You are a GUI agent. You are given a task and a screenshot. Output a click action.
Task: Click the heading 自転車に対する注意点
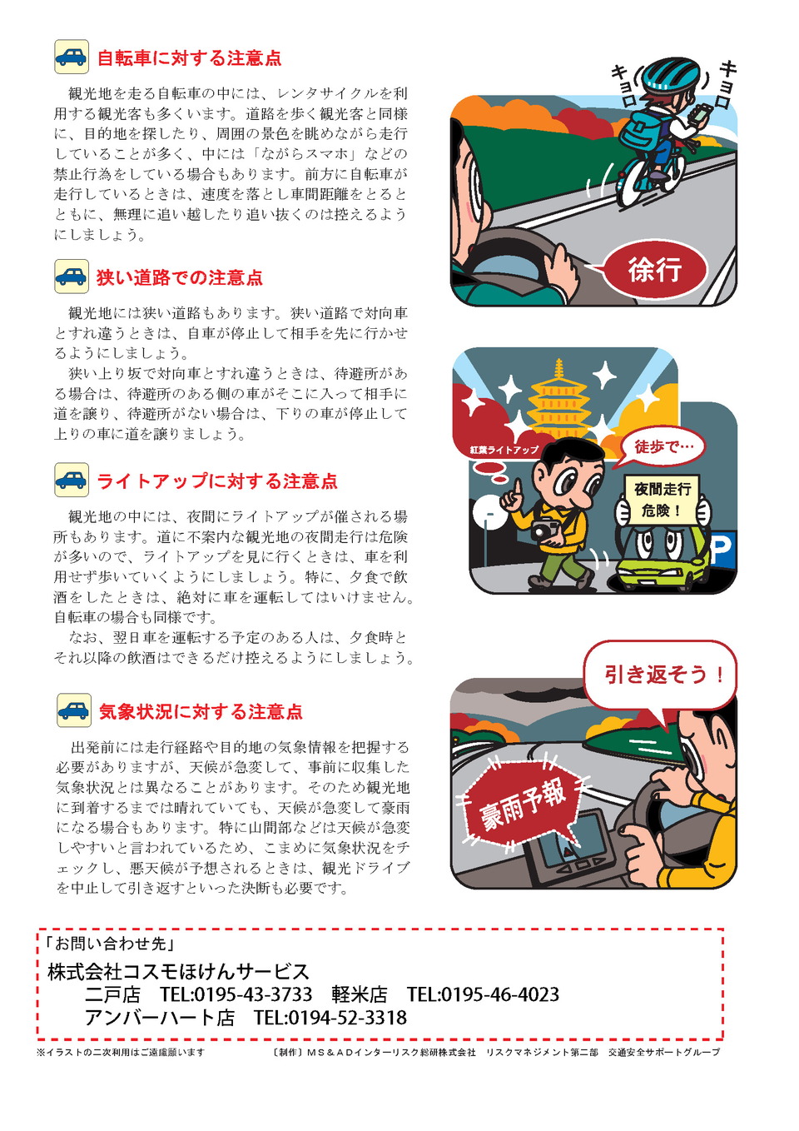pos(189,58)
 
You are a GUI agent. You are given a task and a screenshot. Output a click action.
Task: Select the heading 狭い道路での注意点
pos(180,277)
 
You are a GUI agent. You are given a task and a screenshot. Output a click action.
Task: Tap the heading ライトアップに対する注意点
pos(217,481)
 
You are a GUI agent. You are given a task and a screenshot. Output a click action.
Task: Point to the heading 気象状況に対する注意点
pos(201,712)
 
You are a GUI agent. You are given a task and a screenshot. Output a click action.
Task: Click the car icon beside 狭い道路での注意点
pos(72,277)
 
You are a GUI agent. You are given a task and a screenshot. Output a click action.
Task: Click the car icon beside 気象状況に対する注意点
pos(74,710)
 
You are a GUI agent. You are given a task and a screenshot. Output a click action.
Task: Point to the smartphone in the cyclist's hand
pos(701,112)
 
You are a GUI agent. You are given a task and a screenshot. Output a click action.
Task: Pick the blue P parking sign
pos(722,548)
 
